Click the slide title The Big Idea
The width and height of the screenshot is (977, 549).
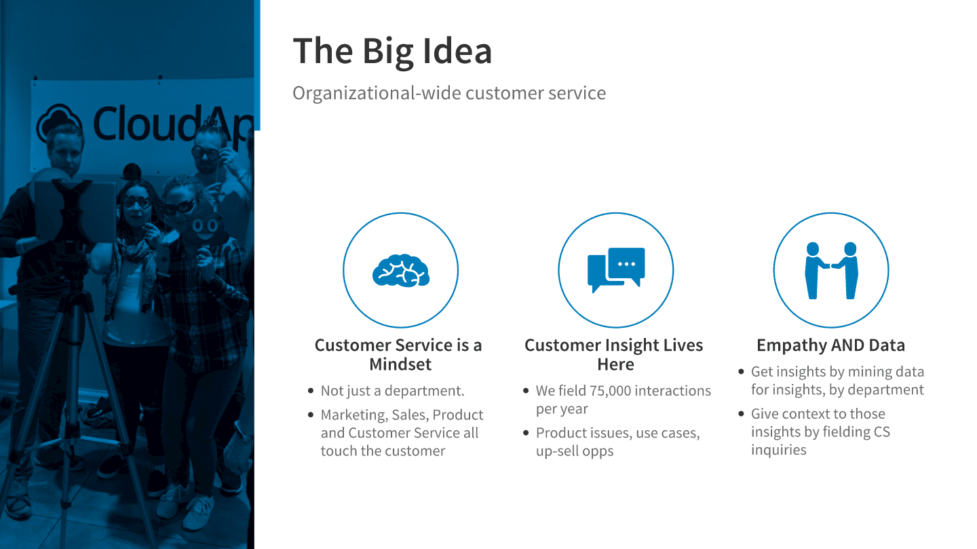tap(392, 52)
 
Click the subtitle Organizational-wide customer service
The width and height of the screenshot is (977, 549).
tap(449, 93)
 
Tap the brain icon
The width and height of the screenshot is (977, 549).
tap(401, 271)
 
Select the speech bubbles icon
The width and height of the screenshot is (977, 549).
tap(616, 269)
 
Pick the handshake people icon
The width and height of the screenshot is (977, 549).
tap(831, 271)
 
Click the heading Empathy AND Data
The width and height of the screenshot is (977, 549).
tap(831, 345)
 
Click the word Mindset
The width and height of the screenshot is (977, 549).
tap(400, 364)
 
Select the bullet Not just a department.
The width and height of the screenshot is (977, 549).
tap(393, 391)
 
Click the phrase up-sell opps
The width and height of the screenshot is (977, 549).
tap(575, 451)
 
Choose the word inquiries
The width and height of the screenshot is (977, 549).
tap(779, 450)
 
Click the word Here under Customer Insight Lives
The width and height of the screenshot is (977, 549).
tap(615, 364)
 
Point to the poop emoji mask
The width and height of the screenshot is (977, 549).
tap(206, 225)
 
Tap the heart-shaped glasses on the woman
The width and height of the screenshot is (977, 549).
tap(136, 202)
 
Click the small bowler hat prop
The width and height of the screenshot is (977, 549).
tap(132, 172)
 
